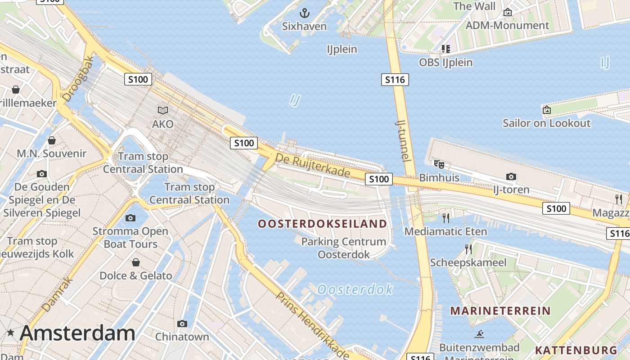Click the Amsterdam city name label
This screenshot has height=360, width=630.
[77, 333]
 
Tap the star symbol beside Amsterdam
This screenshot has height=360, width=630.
[10, 333]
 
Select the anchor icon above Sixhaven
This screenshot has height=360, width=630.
[305, 13]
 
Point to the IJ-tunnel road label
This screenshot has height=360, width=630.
[403, 140]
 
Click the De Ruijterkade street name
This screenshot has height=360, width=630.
[313, 165]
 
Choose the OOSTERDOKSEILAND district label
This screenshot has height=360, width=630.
[322, 224]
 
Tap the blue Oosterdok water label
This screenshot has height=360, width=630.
[355, 289]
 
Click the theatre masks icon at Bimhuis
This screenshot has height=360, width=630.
[439, 165]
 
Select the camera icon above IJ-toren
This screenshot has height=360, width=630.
[511, 176]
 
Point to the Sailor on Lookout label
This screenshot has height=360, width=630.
[546, 123]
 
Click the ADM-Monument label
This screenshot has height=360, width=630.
[507, 25]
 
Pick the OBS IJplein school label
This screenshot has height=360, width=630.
[445, 63]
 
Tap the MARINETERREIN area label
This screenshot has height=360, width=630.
[500, 310]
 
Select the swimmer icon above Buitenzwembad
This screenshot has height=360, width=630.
[479, 334]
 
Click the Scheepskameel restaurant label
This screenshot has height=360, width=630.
[468, 262]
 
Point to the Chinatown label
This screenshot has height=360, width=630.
[182, 337]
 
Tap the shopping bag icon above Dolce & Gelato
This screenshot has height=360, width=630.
[136, 262]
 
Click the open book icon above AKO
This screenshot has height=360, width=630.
[162, 110]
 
